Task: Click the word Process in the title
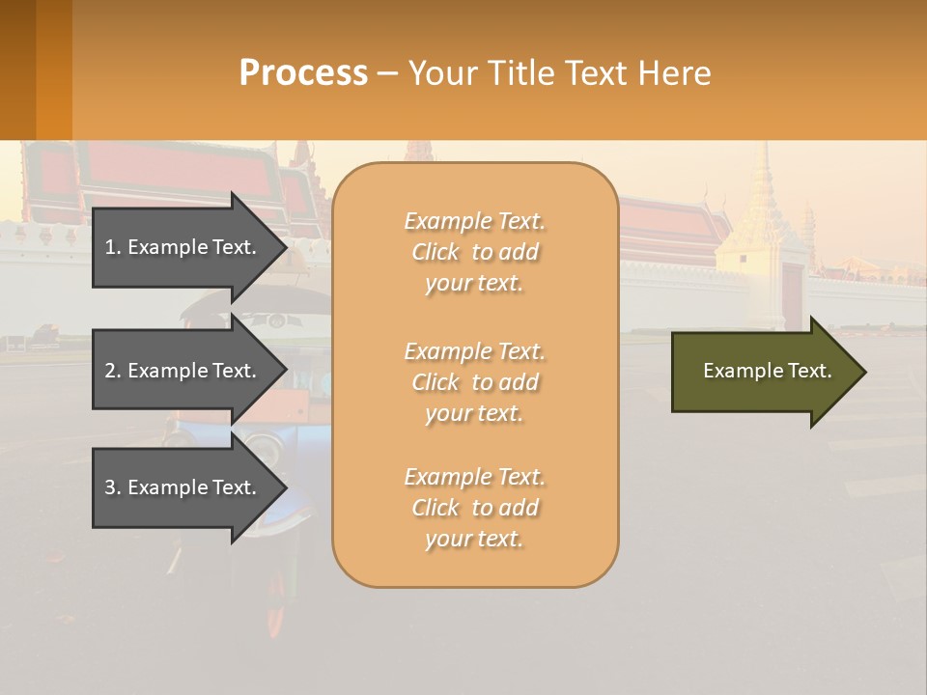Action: point(303,73)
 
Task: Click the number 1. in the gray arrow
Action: point(113,247)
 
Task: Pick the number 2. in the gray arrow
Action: point(113,371)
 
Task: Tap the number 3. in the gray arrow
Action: point(113,487)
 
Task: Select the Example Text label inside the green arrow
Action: point(767,371)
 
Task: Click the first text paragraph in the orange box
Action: point(474,252)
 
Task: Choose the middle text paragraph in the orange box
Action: point(474,382)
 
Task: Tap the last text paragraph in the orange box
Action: point(474,508)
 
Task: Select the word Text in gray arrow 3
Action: point(235,487)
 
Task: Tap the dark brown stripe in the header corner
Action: point(17,69)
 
